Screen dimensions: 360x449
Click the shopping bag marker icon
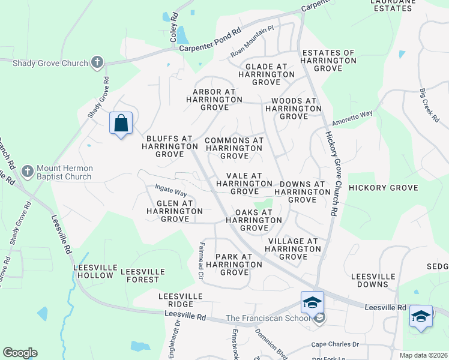point(121,124)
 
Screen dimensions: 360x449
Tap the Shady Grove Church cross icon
point(97,62)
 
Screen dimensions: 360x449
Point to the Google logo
point(20,353)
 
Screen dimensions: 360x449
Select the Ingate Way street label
point(171,192)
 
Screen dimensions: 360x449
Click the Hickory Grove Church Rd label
point(331,173)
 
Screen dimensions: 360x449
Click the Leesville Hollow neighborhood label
point(93,271)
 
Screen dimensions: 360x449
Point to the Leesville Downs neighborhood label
point(373,280)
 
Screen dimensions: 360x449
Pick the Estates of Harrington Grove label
point(329,61)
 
